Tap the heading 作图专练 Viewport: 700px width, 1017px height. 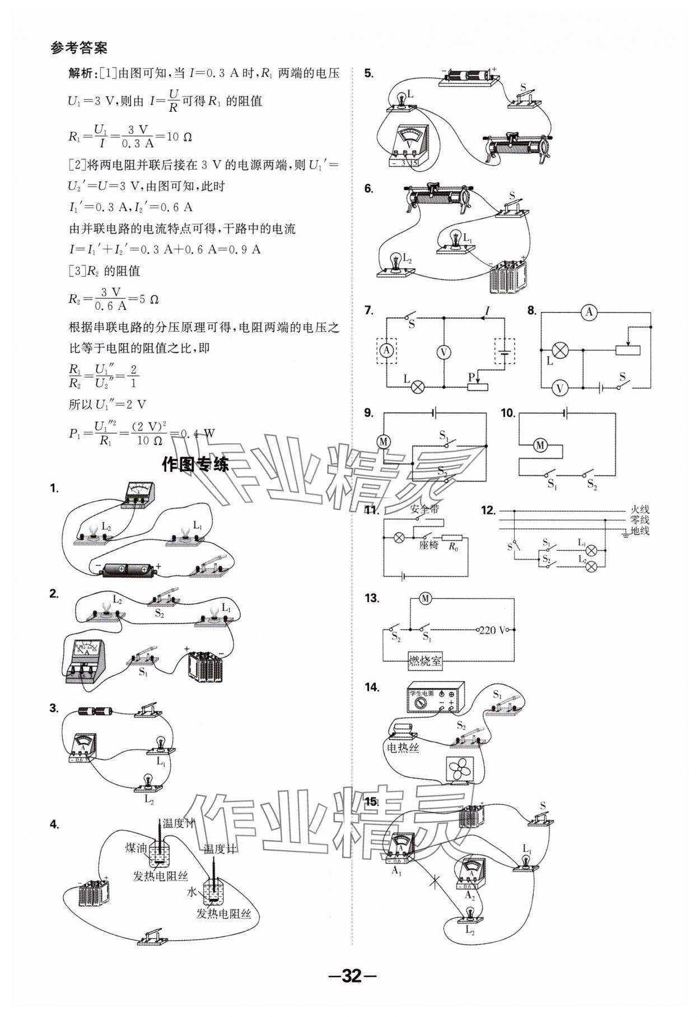click(x=195, y=464)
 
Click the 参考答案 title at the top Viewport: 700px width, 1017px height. click(x=78, y=48)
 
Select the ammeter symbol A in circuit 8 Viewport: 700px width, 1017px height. click(x=589, y=312)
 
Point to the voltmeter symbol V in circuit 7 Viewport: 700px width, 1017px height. click(x=444, y=352)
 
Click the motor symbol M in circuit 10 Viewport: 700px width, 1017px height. click(x=540, y=445)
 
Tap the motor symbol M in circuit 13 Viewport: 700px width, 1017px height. click(x=425, y=599)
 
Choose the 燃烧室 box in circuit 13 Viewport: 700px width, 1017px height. click(x=424, y=661)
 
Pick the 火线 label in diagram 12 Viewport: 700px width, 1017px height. click(x=640, y=510)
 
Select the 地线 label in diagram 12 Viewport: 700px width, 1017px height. click(x=640, y=531)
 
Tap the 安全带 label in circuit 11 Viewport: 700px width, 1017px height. click(x=424, y=510)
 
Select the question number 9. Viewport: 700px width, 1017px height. click(x=368, y=413)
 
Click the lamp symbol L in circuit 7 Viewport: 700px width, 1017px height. click(x=417, y=387)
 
